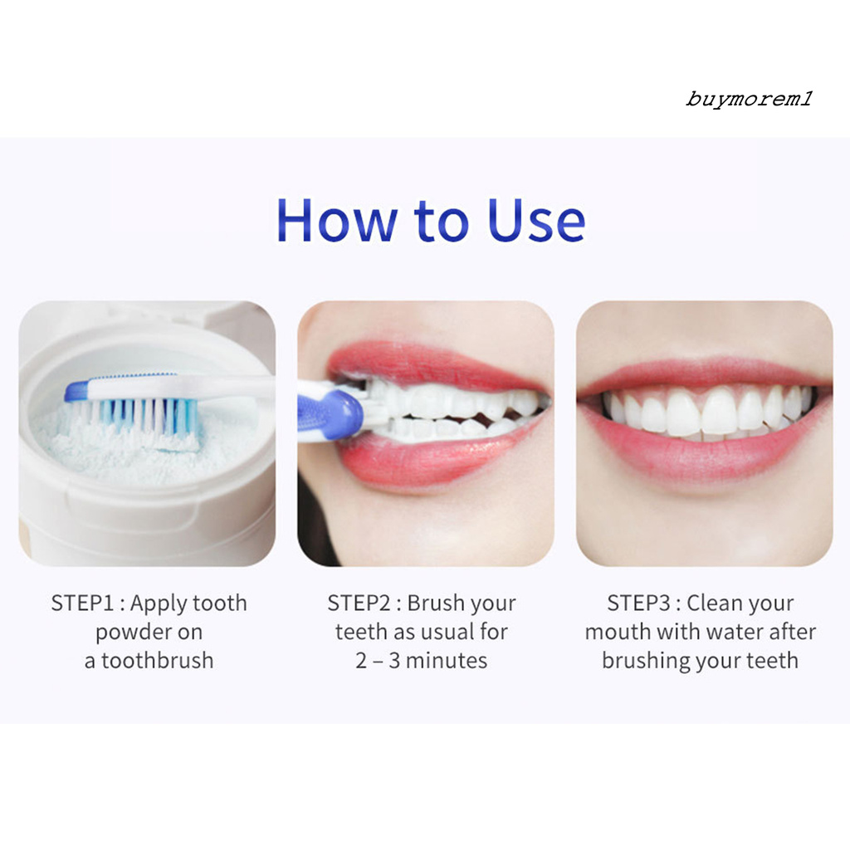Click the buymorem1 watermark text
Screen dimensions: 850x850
749,100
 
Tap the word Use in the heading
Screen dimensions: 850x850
536,220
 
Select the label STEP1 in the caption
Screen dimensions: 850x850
83,603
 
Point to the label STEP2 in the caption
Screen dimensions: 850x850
359,603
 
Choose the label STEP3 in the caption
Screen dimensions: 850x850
638,603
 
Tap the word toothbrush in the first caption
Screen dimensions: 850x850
157,661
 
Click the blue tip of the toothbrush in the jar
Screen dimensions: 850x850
76,391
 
